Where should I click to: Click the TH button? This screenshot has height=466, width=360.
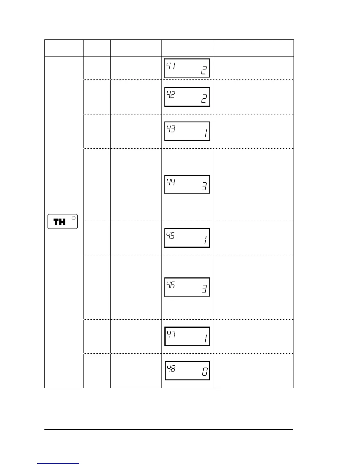62,222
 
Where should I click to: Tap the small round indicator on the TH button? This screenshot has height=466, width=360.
74,218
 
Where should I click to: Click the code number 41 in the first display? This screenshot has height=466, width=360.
171,66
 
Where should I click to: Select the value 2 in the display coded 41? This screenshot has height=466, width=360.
204,70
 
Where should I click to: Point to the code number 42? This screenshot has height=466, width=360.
171,94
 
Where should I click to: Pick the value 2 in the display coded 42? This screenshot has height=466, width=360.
204,99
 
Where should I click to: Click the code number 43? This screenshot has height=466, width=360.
171,129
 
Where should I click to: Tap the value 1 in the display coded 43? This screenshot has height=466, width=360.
206,134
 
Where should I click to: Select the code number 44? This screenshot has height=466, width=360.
171,182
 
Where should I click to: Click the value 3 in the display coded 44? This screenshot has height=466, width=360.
204,187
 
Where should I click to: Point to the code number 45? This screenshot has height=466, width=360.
171,235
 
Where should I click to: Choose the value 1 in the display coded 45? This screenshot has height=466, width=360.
206,240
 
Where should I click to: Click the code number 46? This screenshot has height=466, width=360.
171,285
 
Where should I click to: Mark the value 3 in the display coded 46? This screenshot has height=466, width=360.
204,289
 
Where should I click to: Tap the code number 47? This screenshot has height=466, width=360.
171,334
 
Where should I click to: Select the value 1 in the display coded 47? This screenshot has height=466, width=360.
206,339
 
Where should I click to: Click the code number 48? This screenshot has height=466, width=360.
171,368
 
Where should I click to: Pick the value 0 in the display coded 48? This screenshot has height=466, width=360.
204,373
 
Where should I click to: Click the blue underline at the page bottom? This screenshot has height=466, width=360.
58,463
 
